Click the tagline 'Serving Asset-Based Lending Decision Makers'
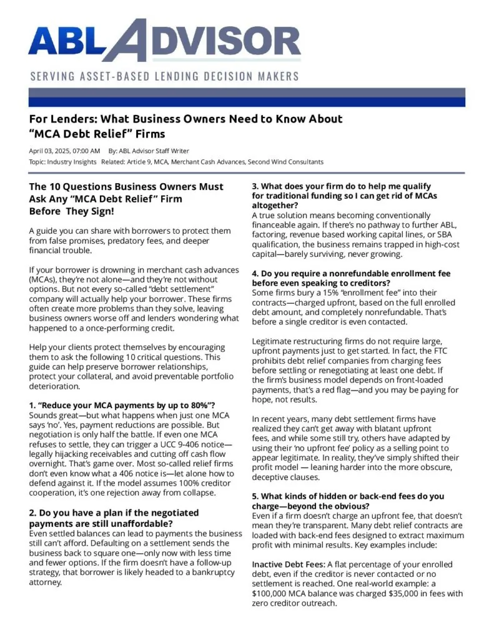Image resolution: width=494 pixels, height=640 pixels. (164, 76)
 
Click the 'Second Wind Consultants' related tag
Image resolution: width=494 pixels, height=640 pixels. (285, 162)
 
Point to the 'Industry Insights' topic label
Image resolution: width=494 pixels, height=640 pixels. (74, 162)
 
